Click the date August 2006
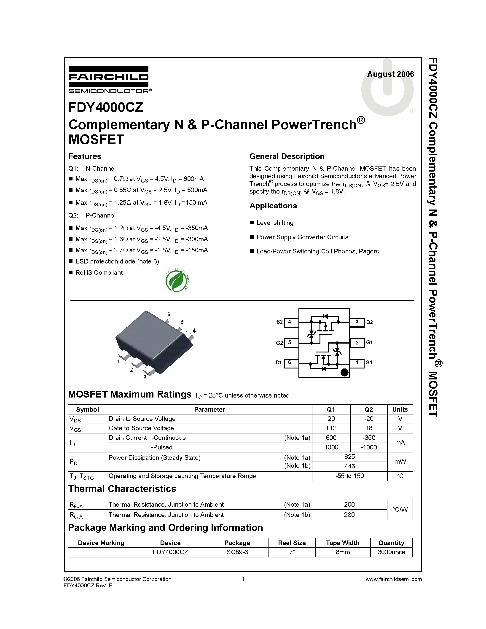(390, 74)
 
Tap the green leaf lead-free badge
(177, 280)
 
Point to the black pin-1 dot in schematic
(344, 372)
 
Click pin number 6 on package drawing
(169, 314)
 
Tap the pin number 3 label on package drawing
(145, 376)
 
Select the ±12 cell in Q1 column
(331, 428)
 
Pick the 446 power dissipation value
(349, 466)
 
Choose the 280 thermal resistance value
(349, 515)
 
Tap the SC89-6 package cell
(237, 552)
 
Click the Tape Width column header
(342, 543)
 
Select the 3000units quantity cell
(391, 552)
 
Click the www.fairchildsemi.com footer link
(393, 579)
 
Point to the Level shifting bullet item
(275, 223)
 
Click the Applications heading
(273, 206)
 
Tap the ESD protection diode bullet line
(117, 261)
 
